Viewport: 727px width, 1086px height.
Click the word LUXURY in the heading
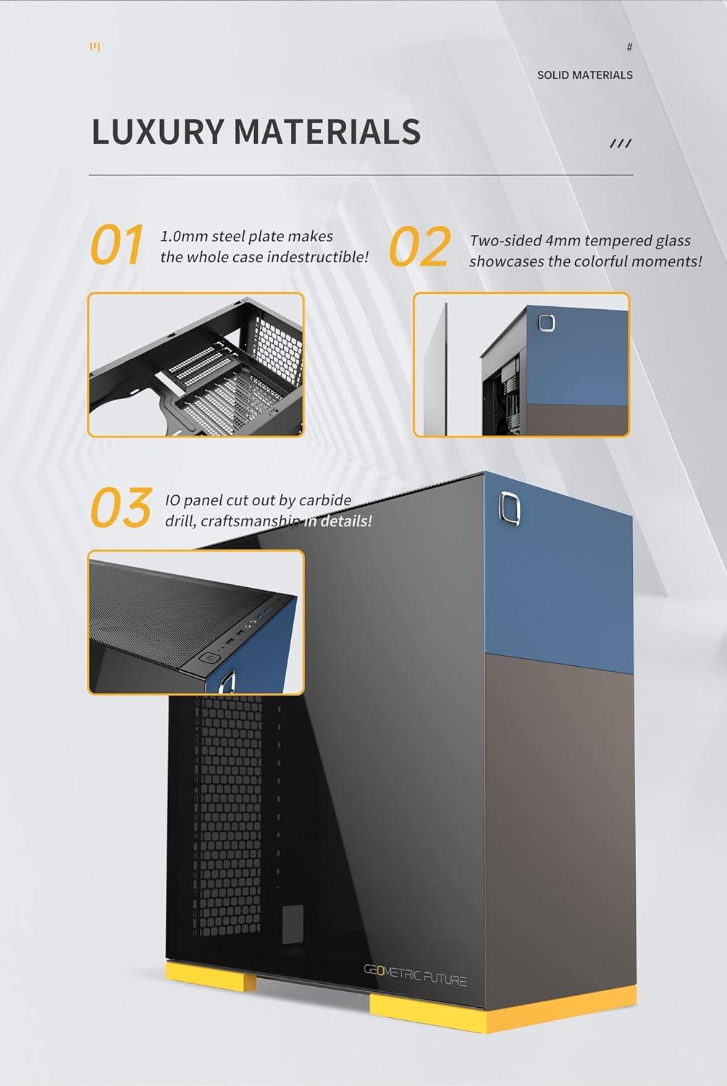click(x=157, y=132)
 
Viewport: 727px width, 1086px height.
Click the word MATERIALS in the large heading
click(x=327, y=132)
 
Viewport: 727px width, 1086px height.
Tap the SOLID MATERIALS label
click(x=584, y=75)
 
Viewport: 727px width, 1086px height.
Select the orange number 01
click(x=116, y=245)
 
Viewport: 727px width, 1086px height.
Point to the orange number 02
click(x=419, y=248)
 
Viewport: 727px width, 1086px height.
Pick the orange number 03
click(x=120, y=508)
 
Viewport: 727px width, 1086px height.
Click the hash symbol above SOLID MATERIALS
click(x=629, y=48)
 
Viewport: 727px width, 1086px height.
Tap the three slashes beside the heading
click(x=621, y=143)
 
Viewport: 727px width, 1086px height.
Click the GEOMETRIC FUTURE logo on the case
click(x=415, y=980)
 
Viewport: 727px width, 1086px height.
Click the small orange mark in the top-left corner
click(x=95, y=48)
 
